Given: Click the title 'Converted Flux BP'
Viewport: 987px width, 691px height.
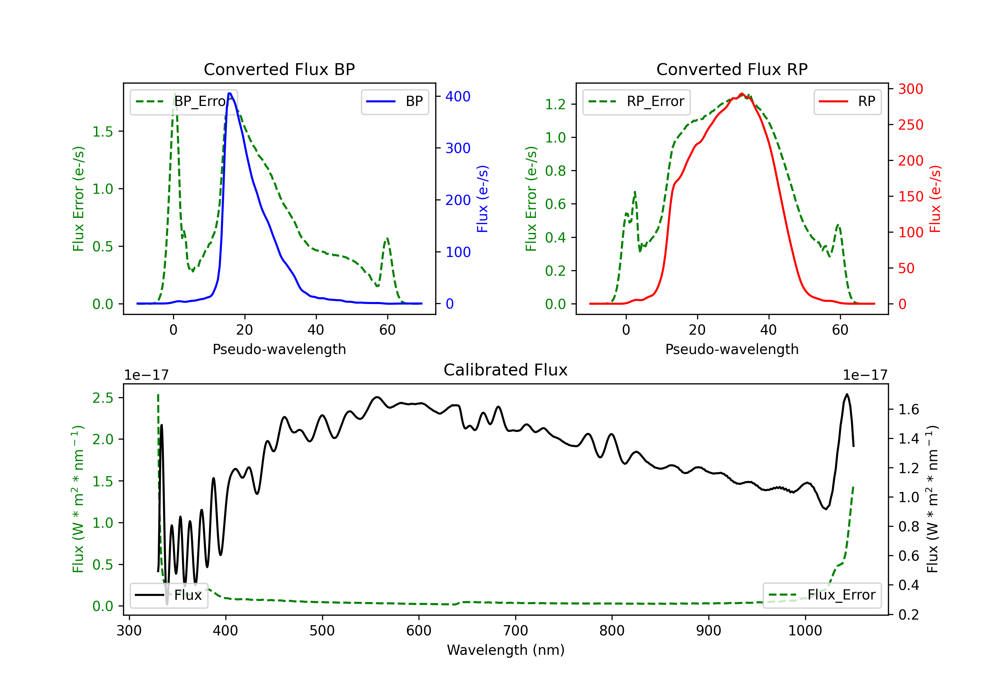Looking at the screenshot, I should (x=279, y=69).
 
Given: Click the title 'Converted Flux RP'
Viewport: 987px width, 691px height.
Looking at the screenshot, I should (x=732, y=69).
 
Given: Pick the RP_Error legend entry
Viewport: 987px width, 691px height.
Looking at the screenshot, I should (x=636, y=101).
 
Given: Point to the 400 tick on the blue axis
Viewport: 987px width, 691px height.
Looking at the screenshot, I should (x=457, y=96).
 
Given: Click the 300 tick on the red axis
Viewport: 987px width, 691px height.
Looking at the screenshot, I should (x=910, y=89).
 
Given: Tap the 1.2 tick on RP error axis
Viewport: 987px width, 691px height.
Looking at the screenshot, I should (x=555, y=104).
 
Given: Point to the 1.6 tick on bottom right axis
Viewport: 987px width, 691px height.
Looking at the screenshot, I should (x=908, y=409).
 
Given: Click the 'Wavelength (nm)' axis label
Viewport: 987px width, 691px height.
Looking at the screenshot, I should (x=506, y=650).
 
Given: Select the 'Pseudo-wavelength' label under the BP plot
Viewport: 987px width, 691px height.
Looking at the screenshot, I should (x=279, y=349).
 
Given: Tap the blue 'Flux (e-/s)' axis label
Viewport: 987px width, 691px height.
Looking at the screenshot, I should (x=482, y=199).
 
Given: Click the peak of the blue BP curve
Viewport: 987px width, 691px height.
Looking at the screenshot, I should (x=230, y=93).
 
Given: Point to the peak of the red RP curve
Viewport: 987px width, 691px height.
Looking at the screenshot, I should (x=742, y=94).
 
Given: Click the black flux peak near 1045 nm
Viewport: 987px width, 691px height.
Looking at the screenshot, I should (x=847, y=394).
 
